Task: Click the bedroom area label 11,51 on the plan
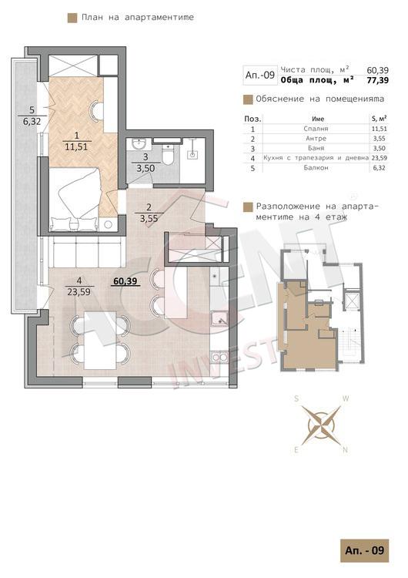[x=76, y=146]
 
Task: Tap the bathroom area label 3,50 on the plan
[x=145, y=169]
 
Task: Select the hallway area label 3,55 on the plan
[x=149, y=218]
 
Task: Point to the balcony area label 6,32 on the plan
[x=32, y=121]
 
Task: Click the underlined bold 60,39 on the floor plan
[x=125, y=281]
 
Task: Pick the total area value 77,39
[x=377, y=80]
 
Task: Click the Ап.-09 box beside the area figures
[x=260, y=76]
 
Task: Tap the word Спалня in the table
[x=316, y=129]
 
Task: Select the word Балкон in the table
[x=316, y=168]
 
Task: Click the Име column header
[x=318, y=119]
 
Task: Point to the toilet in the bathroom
[x=168, y=156]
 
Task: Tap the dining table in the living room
[x=100, y=340]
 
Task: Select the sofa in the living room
[x=85, y=252]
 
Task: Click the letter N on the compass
[x=345, y=450]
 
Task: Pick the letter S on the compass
[x=296, y=399]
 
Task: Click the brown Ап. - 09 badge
[x=365, y=551]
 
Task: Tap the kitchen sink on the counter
[x=219, y=319]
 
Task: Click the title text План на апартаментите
[x=138, y=17]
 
